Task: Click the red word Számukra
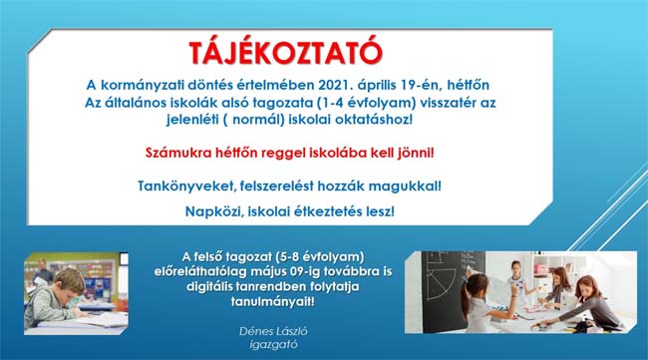(177, 153)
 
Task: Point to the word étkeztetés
(329, 211)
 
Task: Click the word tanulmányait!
(273, 301)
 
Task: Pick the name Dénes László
(273, 331)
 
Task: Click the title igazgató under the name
(273, 344)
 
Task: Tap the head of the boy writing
(69, 282)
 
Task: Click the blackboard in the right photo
(449, 289)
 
